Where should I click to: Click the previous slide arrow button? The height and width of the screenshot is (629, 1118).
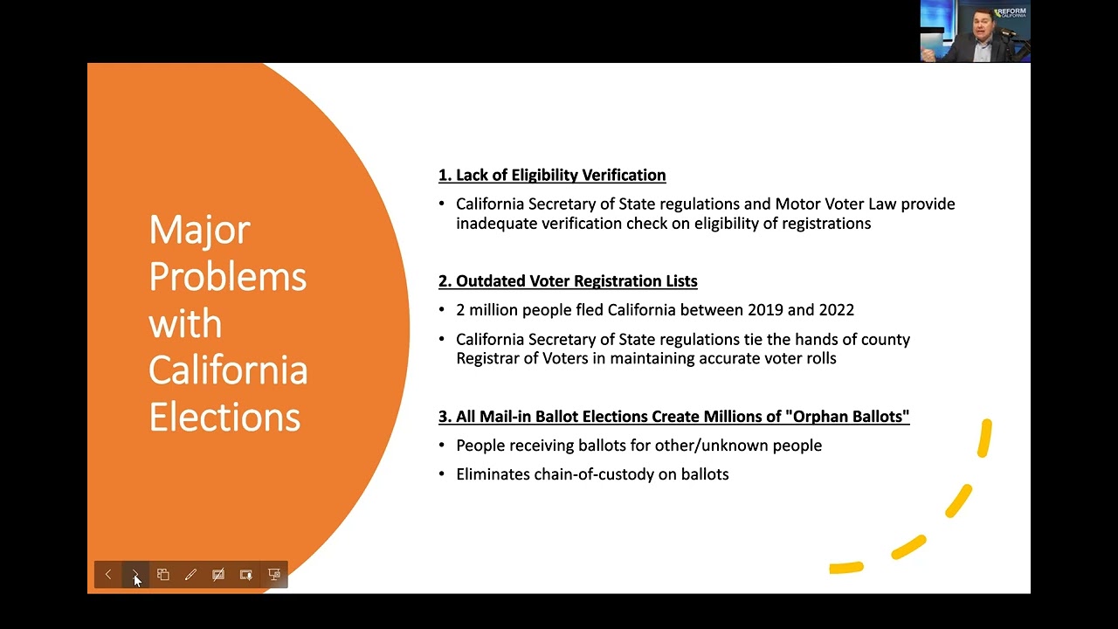(108, 574)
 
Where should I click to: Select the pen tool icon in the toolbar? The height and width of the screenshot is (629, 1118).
(190, 574)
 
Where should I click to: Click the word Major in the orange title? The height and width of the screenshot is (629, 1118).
(199, 230)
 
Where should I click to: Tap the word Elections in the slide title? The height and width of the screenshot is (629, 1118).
(224, 417)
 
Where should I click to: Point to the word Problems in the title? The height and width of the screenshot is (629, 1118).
(227, 277)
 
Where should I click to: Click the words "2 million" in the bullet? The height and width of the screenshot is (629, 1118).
(487, 309)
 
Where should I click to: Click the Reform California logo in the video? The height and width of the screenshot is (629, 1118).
(1011, 13)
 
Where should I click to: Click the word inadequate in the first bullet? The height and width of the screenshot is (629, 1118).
(495, 223)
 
